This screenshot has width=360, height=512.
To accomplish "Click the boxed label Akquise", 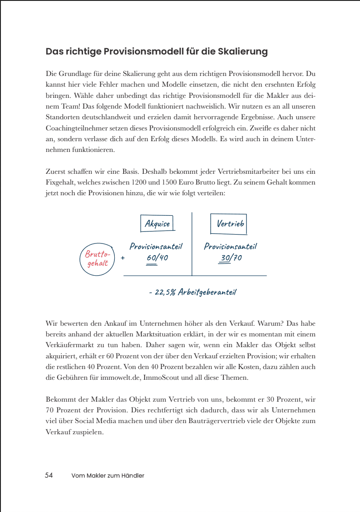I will coord(157,223).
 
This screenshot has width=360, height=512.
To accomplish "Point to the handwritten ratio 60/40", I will coord(157,258).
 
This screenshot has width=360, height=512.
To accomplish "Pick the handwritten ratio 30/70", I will coord(231,258).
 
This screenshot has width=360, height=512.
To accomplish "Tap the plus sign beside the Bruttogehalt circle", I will coord(122,258).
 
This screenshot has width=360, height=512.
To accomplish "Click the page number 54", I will coord(49,475).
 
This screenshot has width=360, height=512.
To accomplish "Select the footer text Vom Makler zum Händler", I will coord(108,476).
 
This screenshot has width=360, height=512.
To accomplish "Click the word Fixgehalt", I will coord(61,183).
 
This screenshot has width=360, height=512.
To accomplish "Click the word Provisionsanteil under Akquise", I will coord(156,246).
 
